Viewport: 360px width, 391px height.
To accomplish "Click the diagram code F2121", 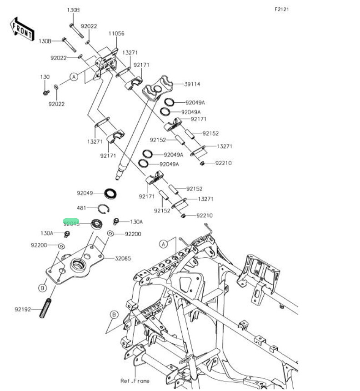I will coord(282,9).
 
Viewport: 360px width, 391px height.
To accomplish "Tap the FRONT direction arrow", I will coord(22,28).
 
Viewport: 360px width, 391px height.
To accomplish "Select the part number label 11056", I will coord(116,34).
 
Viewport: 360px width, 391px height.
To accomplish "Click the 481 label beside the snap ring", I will coord(81,208).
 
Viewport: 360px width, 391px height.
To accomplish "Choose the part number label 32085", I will coord(123,258).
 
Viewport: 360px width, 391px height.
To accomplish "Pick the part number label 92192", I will coord(22,309).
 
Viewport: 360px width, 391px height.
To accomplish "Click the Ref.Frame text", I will coord(135,381).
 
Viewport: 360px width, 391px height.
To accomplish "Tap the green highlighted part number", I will coord(71,223).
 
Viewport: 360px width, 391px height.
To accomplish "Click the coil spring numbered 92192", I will coord(46,309).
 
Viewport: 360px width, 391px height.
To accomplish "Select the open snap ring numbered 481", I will coord(104,209).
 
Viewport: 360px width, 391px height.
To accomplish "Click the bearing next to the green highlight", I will coord(96,223).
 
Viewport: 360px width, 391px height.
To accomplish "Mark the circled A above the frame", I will coord(164,244).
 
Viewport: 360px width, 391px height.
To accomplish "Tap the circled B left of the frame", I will coord(114,315).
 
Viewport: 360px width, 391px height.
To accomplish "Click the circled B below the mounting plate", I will coord(42,288).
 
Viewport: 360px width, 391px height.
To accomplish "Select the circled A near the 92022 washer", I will coord(74,78).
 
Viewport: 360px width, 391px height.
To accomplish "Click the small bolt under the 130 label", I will coord(46,93).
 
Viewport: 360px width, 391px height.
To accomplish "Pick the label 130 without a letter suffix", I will coord(45,77).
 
